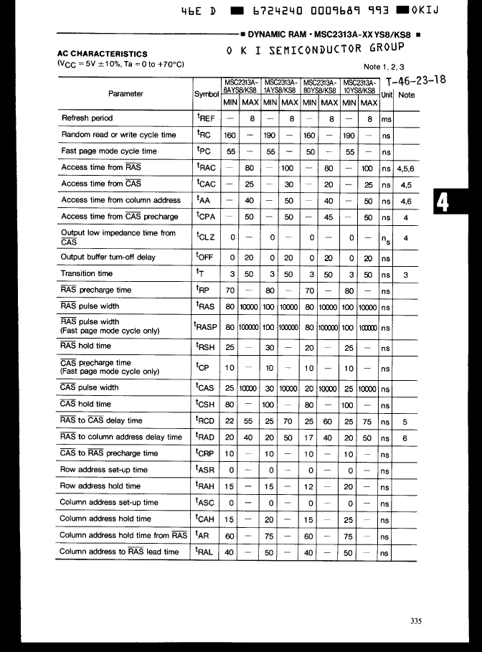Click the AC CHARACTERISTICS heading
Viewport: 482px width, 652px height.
click(x=102, y=54)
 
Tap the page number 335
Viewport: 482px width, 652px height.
click(x=417, y=621)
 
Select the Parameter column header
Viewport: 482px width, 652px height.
click(x=126, y=94)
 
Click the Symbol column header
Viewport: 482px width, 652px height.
click(x=206, y=95)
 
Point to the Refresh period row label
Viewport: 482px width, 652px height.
click(x=87, y=118)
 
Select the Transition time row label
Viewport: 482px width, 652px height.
click(x=86, y=273)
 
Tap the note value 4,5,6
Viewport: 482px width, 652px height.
click(x=406, y=168)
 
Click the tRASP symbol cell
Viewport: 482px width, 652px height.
click(x=207, y=327)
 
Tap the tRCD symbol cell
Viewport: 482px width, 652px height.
click(x=206, y=421)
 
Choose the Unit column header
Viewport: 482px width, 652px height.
click(x=387, y=95)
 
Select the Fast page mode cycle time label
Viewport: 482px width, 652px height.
click(x=108, y=151)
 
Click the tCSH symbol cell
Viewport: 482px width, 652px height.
click(x=206, y=405)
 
